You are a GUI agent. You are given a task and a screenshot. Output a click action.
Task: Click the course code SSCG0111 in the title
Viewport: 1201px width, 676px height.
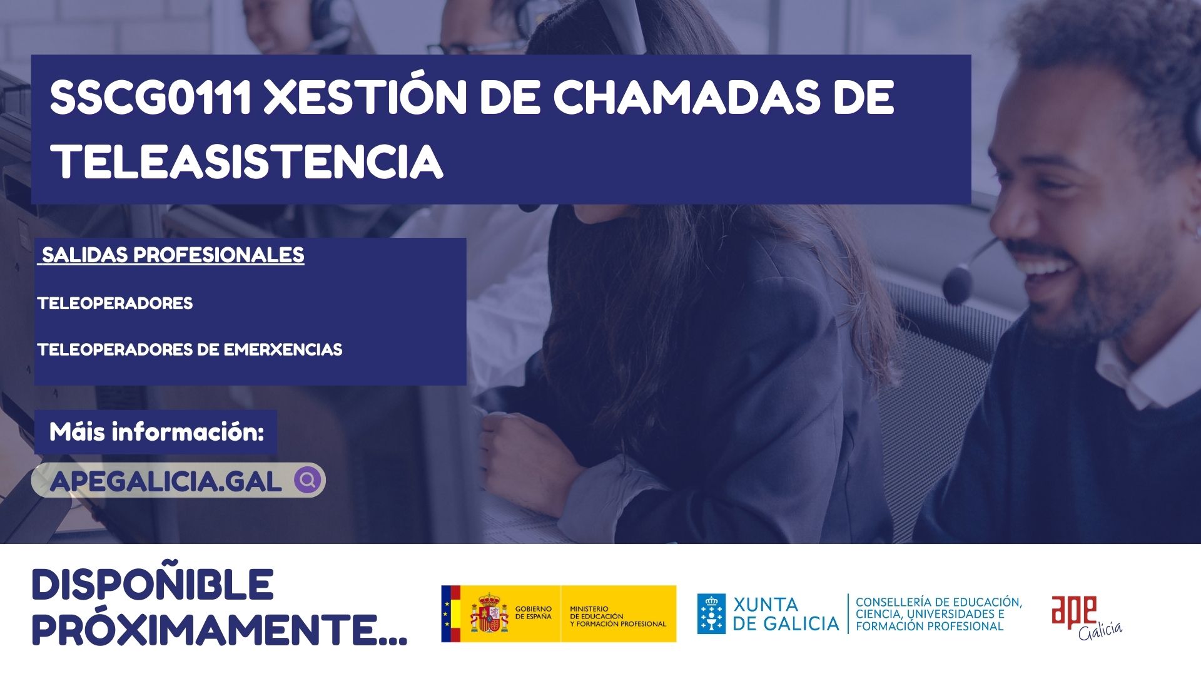click(151, 98)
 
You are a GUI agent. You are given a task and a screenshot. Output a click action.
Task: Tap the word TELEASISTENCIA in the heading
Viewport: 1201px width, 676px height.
click(247, 161)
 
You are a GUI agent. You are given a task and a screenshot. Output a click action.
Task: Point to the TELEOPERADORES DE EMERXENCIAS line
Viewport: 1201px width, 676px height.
click(190, 349)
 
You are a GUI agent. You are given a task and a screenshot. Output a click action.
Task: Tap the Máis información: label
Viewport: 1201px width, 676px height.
click(157, 432)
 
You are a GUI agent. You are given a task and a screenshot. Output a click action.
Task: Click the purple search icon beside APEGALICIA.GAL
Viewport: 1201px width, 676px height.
click(308, 480)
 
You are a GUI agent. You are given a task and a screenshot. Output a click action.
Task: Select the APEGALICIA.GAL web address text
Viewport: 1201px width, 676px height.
click(166, 481)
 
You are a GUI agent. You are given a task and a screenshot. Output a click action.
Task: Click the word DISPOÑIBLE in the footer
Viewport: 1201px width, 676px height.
click(153, 585)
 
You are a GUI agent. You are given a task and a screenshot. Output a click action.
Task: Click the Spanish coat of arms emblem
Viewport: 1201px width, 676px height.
click(490, 613)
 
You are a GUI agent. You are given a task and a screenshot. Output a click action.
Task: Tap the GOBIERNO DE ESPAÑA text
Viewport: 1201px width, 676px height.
click(534, 613)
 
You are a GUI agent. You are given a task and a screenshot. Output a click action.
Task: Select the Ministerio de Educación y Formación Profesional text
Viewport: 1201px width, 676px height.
click(618, 616)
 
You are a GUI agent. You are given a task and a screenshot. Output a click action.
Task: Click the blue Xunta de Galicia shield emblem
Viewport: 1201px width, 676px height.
click(712, 613)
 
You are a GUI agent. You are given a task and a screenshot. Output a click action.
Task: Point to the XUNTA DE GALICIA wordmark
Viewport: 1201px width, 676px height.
click(786, 614)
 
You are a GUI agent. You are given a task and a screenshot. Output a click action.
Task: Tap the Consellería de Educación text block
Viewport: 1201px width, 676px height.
click(939, 613)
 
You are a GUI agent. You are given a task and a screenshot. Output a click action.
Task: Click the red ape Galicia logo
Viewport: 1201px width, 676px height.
click(1086, 617)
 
